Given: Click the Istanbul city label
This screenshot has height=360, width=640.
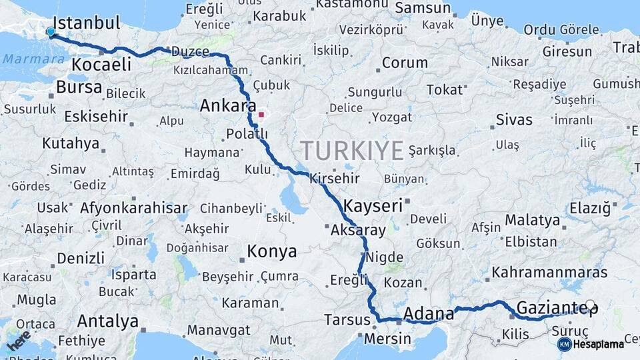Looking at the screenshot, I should (86, 23).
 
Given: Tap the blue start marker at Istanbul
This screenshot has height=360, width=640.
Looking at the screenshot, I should (51, 31).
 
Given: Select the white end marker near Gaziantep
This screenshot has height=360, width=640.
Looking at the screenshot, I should (589, 305).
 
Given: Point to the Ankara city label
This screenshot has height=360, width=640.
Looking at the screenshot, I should (228, 106).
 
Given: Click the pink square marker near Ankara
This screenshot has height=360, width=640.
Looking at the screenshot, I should (261, 115).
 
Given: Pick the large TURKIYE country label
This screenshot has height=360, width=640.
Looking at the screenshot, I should (351, 150).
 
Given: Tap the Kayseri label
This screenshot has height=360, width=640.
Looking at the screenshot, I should (373, 205).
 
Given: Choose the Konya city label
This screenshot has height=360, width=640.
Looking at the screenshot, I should (271, 251).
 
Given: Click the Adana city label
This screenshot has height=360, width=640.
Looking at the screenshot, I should (429, 313).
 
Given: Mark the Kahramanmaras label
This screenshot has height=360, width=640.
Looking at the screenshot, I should (550, 273).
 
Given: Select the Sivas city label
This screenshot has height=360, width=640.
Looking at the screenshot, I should (514, 120).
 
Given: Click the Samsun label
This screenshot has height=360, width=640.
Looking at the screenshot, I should (423, 8).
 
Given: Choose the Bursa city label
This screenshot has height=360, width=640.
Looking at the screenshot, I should (79, 87).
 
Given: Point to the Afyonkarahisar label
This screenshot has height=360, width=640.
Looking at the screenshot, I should (133, 208).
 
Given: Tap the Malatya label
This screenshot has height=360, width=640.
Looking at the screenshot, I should (532, 220).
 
